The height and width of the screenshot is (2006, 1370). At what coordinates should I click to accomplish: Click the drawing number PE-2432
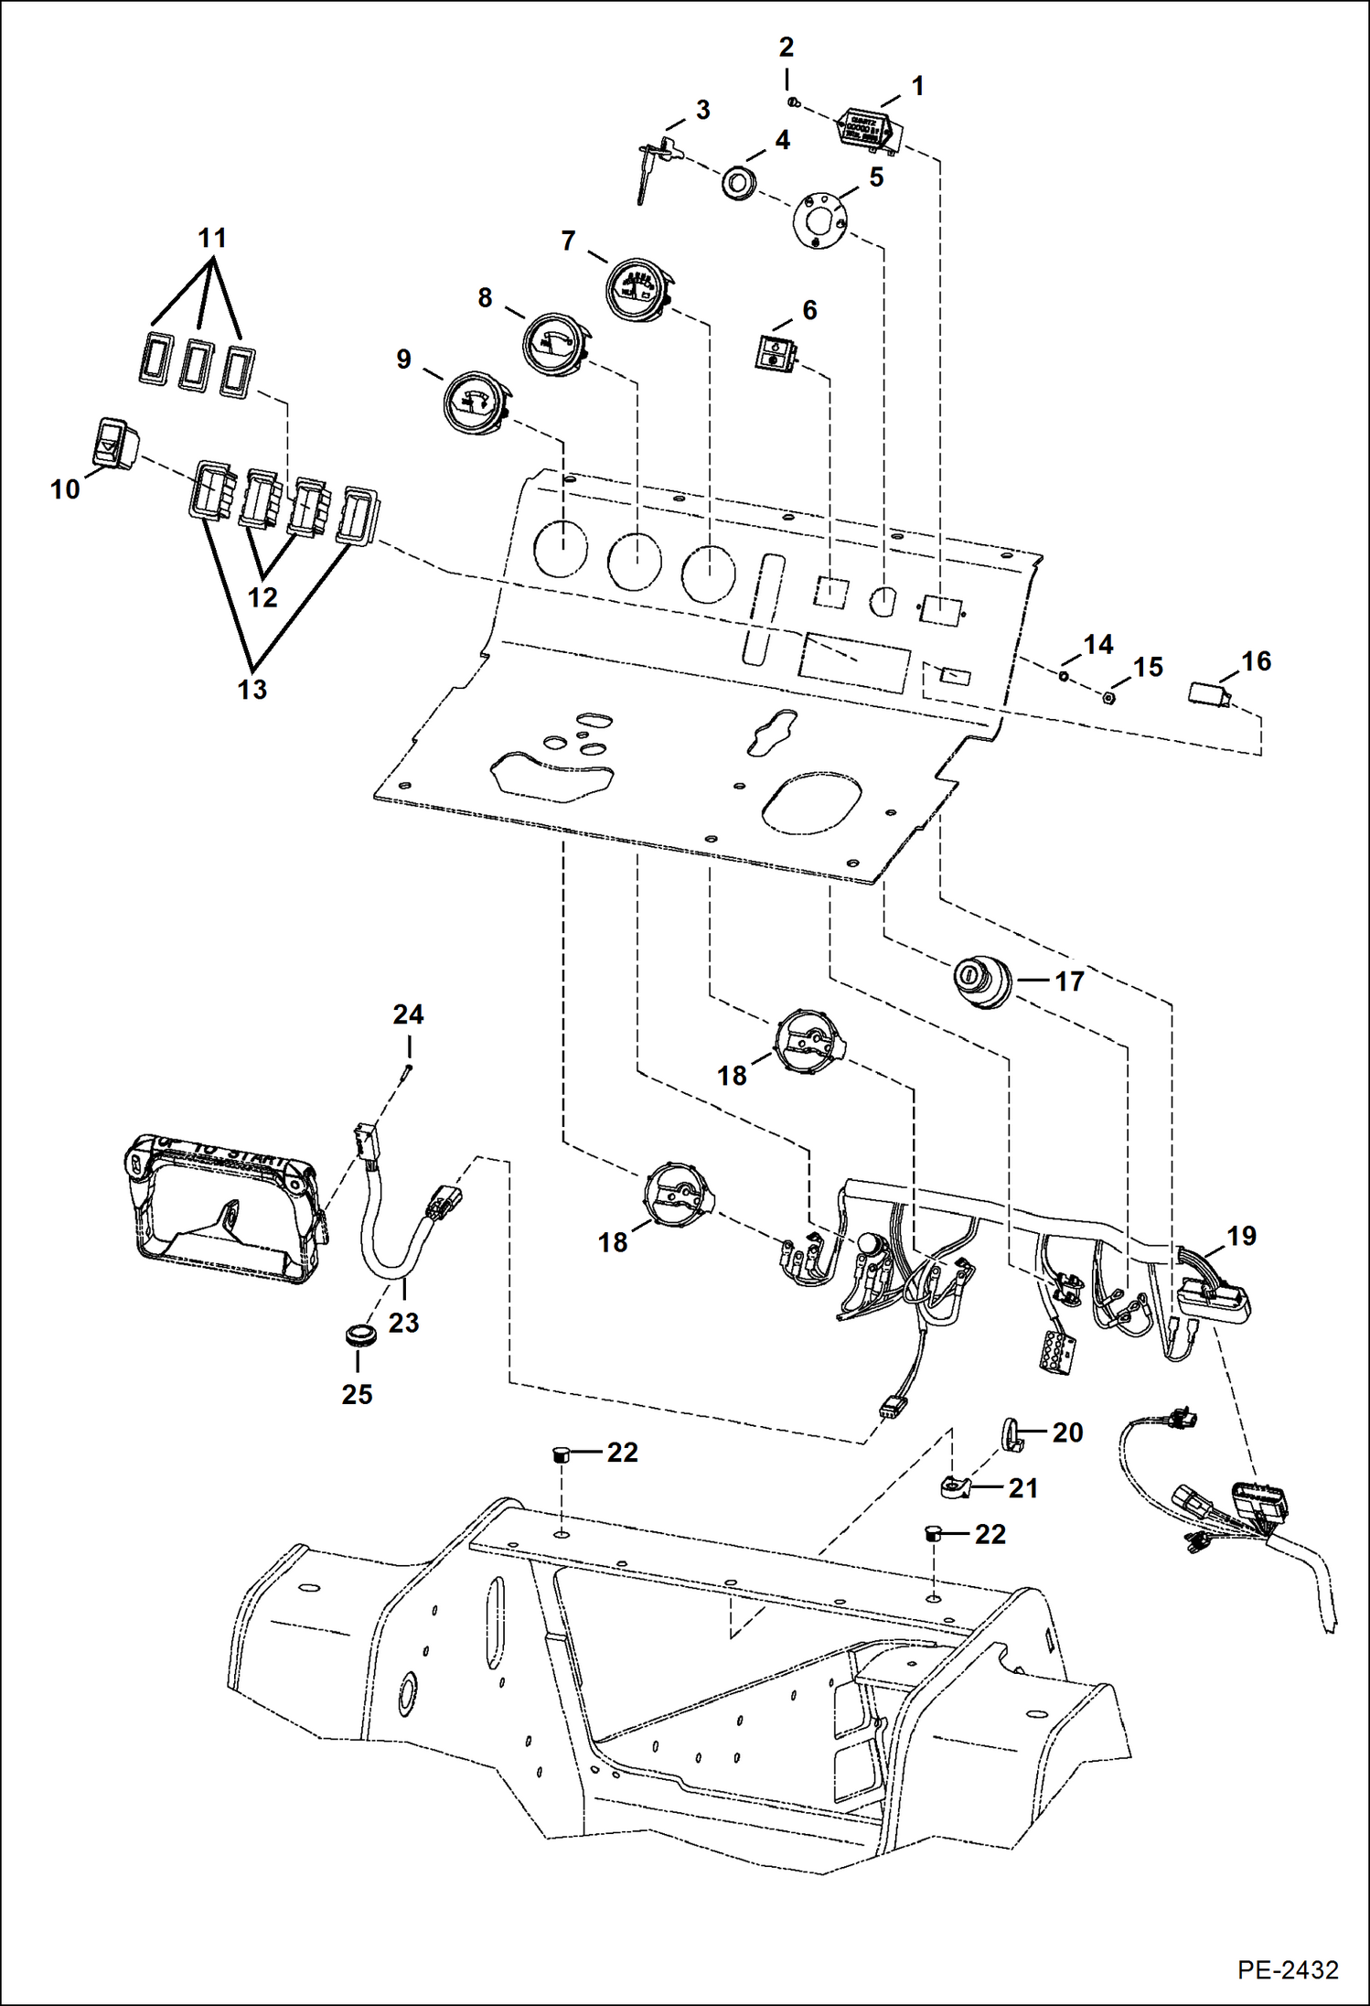(1288, 1969)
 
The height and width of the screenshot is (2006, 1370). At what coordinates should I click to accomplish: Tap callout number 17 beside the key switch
(1068, 982)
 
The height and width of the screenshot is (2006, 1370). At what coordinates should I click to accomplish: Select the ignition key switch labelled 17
(983, 982)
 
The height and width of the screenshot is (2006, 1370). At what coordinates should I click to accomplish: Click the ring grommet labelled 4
(738, 182)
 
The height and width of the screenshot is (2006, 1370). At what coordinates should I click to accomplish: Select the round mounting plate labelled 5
(819, 220)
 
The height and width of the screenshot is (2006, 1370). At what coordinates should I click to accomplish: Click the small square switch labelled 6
(774, 352)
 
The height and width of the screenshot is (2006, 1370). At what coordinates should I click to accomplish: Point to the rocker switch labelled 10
(115, 443)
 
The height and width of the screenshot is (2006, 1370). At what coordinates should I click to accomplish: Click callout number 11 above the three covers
(212, 239)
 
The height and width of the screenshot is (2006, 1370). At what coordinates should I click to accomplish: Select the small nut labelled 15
(1107, 697)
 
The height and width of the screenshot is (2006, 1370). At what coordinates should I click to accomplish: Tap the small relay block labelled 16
(1208, 692)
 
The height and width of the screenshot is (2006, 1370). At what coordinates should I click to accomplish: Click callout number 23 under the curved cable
(403, 1323)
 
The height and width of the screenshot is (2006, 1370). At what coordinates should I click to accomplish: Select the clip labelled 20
(1011, 1433)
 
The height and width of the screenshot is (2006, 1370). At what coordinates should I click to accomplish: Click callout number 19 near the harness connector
(1240, 1237)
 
